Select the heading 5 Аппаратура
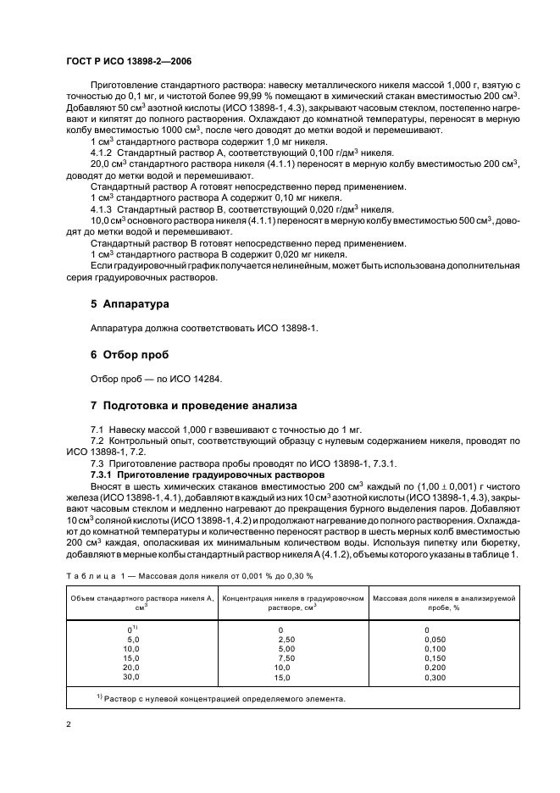click(130, 303)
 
